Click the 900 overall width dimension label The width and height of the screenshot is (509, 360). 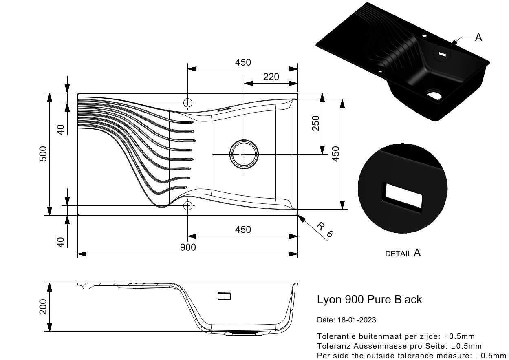188,247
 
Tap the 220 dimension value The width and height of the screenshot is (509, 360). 271,77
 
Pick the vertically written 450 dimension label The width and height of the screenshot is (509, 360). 336,154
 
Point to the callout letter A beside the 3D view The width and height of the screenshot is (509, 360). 478,38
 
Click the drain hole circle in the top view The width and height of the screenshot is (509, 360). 244,155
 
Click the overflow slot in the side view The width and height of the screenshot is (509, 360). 224,296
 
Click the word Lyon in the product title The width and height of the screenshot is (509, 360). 329,300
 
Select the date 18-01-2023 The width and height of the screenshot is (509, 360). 357,320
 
